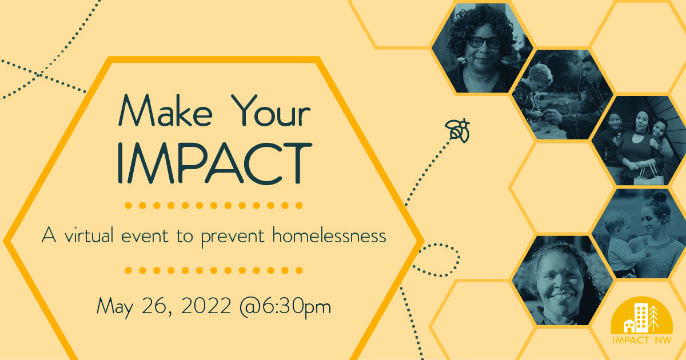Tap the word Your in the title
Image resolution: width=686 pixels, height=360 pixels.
pyautogui.click(x=265, y=111)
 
